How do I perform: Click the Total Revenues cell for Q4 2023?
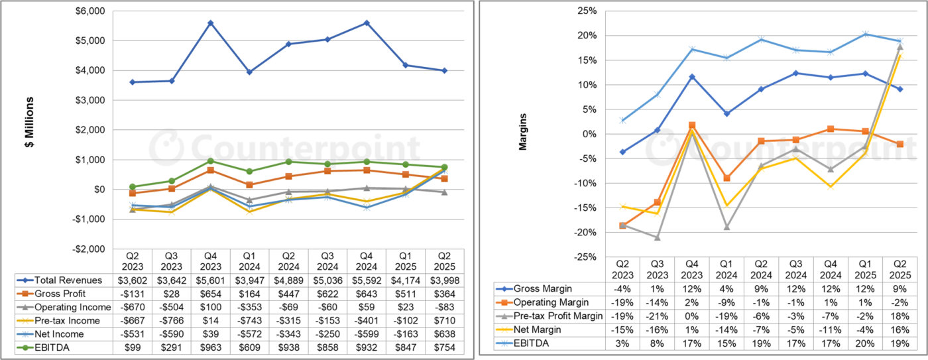click(x=210, y=279)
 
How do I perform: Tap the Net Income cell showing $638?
click(x=444, y=334)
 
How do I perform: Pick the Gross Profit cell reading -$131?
click(x=133, y=293)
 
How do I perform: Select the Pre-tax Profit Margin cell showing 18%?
click(x=899, y=316)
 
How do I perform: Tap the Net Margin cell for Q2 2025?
click(x=899, y=330)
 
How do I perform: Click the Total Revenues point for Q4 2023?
click(x=210, y=23)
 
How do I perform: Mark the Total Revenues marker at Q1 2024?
click(x=249, y=72)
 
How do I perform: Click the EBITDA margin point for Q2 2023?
click(x=622, y=120)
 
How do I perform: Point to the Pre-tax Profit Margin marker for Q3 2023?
click(x=658, y=237)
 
